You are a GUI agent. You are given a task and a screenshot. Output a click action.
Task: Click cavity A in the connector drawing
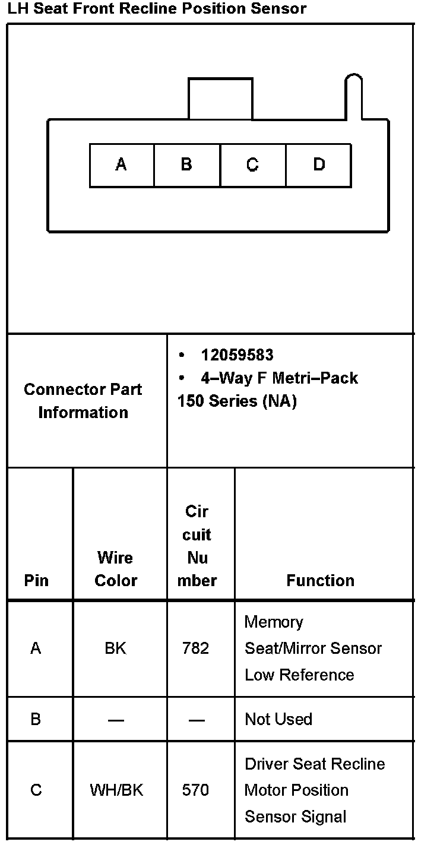coord(121,164)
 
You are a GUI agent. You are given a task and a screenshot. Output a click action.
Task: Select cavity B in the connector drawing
coord(186,164)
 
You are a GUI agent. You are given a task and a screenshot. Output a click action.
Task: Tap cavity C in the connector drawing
coord(252,164)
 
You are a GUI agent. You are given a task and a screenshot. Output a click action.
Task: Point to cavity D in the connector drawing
coord(319,164)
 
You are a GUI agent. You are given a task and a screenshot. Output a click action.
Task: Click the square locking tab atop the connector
coord(220,99)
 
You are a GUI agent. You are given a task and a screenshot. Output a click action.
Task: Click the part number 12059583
coord(237,355)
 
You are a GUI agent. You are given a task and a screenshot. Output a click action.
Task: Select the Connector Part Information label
coord(83,401)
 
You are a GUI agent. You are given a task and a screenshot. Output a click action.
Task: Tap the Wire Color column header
coord(116,569)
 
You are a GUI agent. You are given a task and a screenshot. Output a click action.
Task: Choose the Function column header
coord(320,580)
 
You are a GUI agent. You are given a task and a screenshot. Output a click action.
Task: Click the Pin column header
coord(36,580)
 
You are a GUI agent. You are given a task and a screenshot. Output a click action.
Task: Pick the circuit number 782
coord(196,648)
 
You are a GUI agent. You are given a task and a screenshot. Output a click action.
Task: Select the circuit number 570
coord(196,790)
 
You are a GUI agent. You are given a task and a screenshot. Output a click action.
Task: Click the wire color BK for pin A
coord(115,648)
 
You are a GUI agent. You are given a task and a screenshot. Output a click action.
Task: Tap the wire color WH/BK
coord(116,790)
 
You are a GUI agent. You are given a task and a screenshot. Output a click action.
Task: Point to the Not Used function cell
coord(278,719)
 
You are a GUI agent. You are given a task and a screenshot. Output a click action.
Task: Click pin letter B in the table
coord(36,719)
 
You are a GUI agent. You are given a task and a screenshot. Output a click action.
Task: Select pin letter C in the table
coord(36,790)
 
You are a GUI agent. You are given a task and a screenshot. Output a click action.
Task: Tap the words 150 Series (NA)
coord(236,401)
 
